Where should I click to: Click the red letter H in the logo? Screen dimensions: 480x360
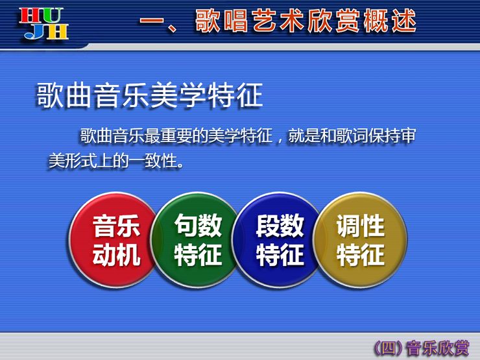click(x=29, y=16)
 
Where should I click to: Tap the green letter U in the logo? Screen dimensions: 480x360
click(x=51, y=16)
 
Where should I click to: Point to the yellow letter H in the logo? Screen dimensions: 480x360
click(x=57, y=32)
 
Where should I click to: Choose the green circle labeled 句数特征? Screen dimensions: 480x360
click(x=197, y=240)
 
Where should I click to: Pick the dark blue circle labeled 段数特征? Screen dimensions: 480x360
click(x=278, y=240)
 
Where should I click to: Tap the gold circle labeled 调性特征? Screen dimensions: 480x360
click(x=360, y=240)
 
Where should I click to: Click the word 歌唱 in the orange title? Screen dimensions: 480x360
click(x=222, y=21)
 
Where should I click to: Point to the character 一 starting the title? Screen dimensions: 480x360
click(x=152, y=21)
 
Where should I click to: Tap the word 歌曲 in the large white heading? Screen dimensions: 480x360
click(x=65, y=95)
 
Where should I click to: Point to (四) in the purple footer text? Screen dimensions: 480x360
click(x=389, y=348)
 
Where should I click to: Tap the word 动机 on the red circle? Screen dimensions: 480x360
click(x=116, y=254)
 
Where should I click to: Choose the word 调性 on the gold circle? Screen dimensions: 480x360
click(x=360, y=225)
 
